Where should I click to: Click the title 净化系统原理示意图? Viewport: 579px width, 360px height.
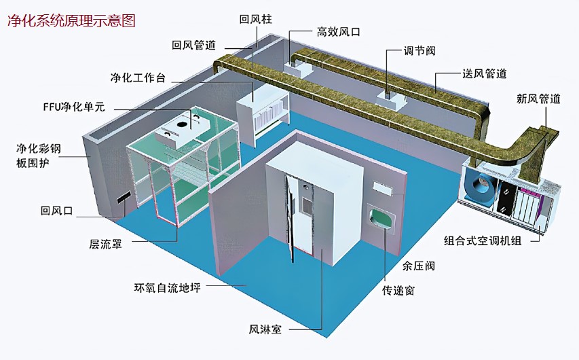click(71, 20)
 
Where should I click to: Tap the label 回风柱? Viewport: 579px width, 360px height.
click(255, 19)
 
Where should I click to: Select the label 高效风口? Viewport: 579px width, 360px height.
click(338, 32)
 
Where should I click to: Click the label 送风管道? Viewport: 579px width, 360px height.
click(485, 73)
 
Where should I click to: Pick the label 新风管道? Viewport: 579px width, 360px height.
click(538, 98)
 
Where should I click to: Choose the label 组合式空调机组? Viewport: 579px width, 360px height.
click(483, 241)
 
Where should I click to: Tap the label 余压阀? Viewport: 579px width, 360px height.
click(418, 266)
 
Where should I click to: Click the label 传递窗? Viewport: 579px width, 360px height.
click(398, 291)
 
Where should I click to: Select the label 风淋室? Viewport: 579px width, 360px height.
click(265, 329)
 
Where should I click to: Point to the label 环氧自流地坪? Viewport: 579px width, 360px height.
click(167, 287)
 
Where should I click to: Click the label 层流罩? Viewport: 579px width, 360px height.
click(105, 244)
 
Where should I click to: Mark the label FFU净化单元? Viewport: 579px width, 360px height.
click(74, 107)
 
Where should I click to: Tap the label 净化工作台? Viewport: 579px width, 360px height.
click(138, 77)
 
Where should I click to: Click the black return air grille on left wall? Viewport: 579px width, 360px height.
click(124, 198)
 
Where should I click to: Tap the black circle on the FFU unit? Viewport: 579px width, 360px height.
click(181, 124)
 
